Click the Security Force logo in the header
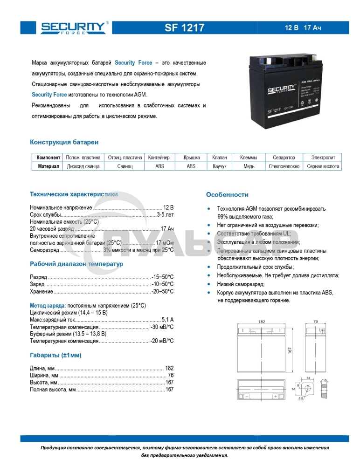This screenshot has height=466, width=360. click(x=74, y=28)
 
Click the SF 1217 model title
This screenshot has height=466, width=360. click(x=184, y=28)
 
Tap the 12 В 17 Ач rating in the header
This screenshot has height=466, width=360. click(x=303, y=28)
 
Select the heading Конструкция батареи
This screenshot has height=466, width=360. click(x=64, y=142)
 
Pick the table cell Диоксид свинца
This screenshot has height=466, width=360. click(x=83, y=166)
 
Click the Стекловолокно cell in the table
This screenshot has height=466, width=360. click(x=284, y=166)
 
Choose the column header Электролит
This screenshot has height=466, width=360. click(x=323, y=158)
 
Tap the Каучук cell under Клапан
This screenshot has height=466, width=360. click(x=219, y=166)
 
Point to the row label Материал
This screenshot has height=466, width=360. click(x=48, y=166)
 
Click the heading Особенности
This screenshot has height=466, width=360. click(x=227, y=195)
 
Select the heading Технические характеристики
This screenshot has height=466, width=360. click(x=74, y=194)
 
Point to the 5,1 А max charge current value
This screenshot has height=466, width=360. click(x=167, y=320)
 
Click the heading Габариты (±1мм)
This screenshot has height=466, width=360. click(x=55, y=356)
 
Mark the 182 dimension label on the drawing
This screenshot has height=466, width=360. click(x=261, y=322)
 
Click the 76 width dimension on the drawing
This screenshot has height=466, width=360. click(x=315, y=322)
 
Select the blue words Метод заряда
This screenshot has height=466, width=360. click(x=44, y=305)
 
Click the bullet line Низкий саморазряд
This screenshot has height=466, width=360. click(x=241, y=284)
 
